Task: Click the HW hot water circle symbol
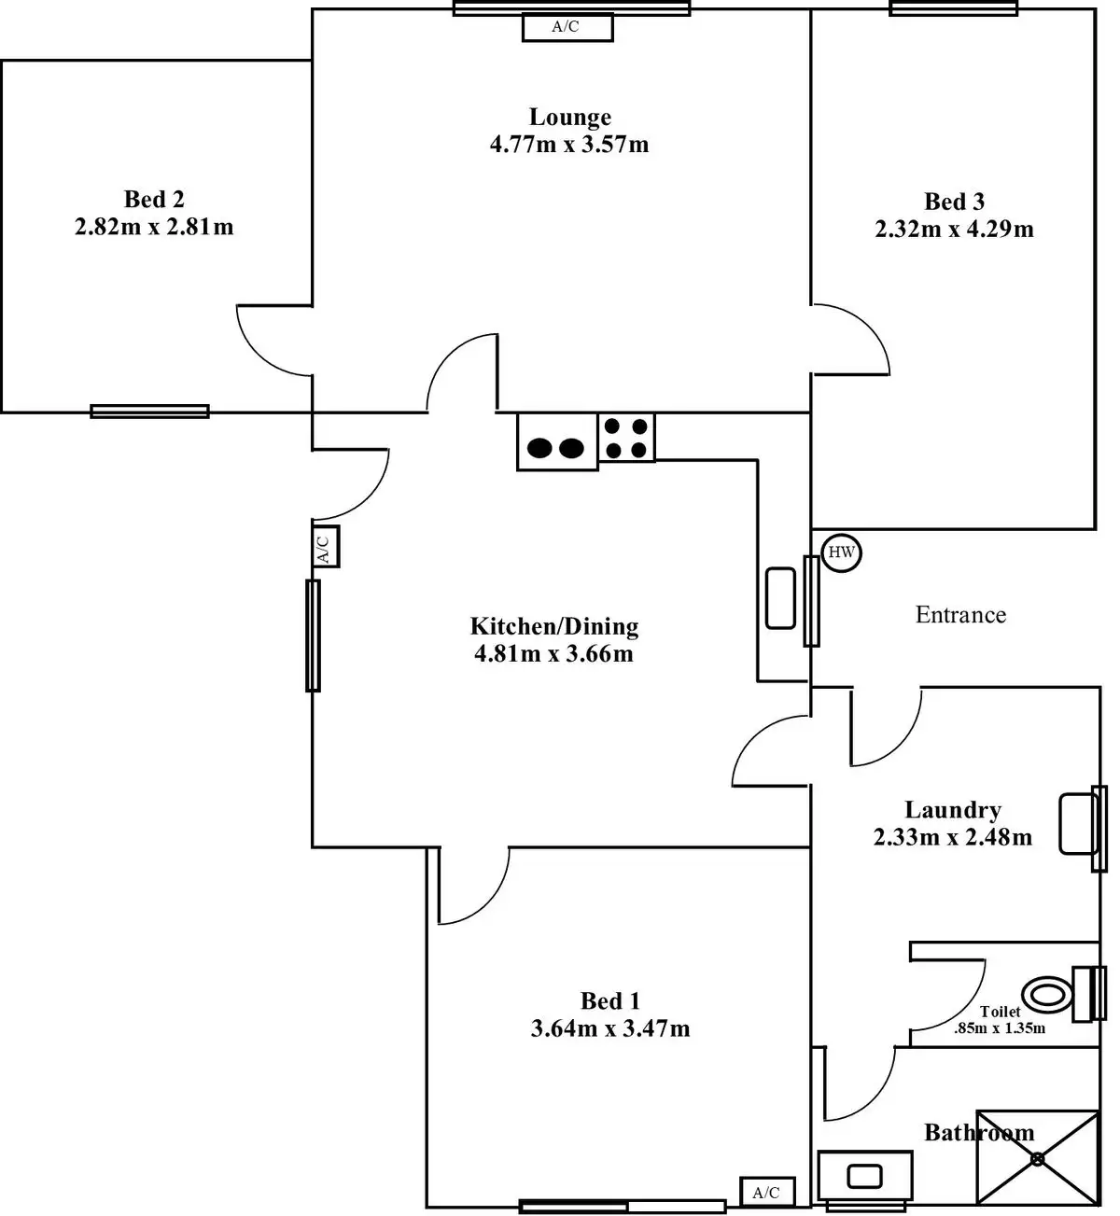(x=841, y=552)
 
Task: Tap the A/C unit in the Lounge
(x=567, y=27)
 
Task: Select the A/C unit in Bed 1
(x=767, y=1192)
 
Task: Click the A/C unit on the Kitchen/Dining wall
(x=323, y=546)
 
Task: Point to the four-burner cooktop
(x=626, y=438)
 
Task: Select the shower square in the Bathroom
(x=1037, y=1157)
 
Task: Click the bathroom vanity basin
(x=865, y=1175)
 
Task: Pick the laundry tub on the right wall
(x=1078, y=823)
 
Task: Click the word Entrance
(x=960, y=615)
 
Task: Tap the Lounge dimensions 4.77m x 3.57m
(x=569, y=145)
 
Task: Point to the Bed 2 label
(x=154, y=199)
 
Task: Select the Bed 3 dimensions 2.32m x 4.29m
(x=954, y=229)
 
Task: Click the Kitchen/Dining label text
(x=553, y=625)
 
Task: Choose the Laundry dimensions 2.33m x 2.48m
(x=952, y=837)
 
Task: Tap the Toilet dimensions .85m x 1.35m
(x=999, y=1028)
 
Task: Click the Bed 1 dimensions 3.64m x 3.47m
(x=610, y=1028)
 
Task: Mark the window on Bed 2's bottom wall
(x=149, y=411)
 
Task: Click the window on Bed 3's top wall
(x=953, y=8)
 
